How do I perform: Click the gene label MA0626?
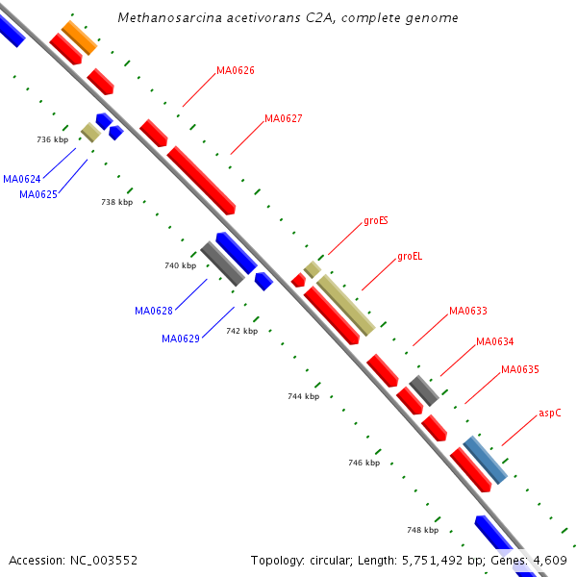(235, 70)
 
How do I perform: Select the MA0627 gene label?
(283, 119)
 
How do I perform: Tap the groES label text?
(375, 221)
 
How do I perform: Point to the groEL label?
(410, 257)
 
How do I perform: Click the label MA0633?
(467, 312)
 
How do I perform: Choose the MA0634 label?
(494, 342)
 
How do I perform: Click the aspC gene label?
(549, 414)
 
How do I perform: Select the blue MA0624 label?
(21, 180)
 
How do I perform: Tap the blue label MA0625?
(38, 195)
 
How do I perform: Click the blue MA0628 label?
(154, 311)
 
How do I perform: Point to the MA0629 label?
(181, 339)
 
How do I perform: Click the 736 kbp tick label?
(52, 140)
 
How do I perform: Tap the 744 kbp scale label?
(303, 396)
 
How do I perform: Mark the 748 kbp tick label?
(422, 530)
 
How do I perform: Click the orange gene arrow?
(79, 38)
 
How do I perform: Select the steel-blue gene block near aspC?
(484, 460)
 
